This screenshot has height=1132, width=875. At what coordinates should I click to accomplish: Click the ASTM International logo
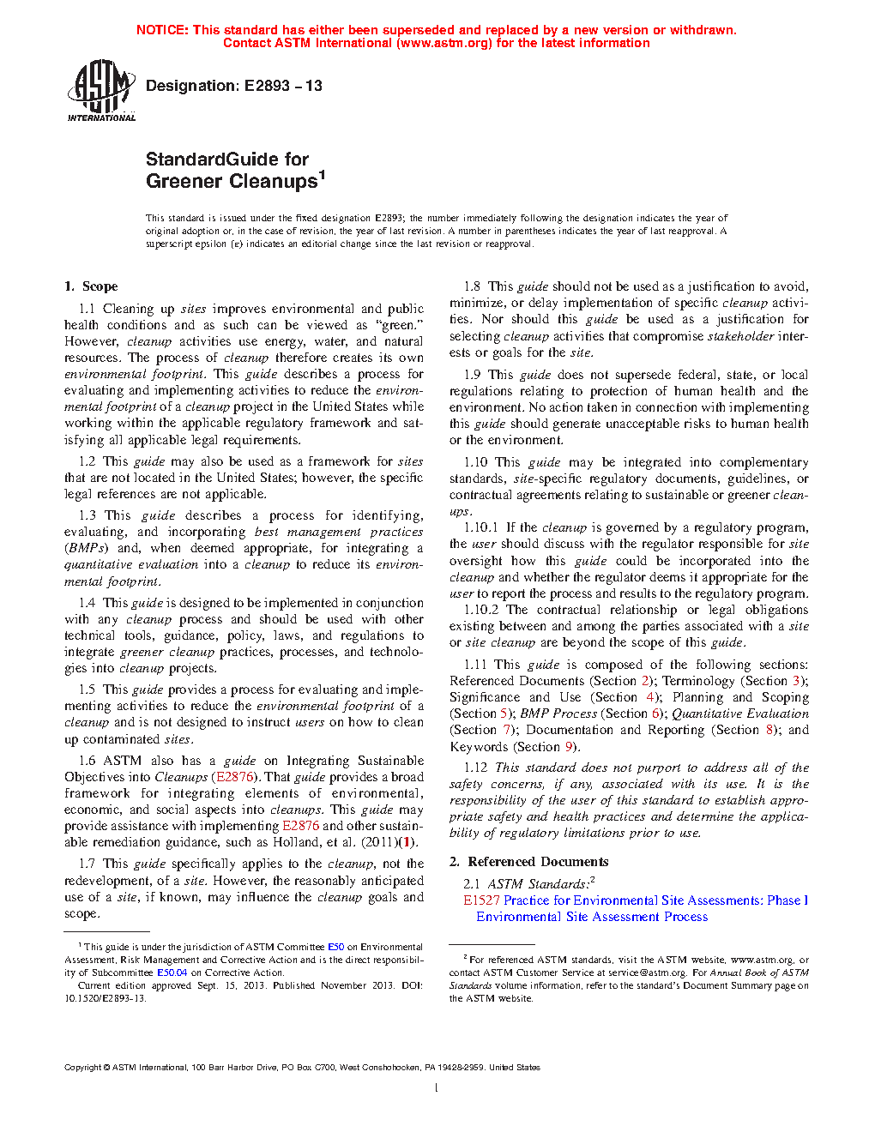(x=101, y=90)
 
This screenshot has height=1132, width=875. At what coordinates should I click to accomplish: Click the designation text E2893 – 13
(x=283, y=86)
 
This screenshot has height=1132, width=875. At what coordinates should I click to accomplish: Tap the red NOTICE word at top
(x=162, y=30)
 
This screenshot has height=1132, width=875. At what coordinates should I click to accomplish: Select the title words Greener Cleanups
(x=232, y=182)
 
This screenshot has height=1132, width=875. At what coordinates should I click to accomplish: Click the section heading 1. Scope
(x=91, y=286)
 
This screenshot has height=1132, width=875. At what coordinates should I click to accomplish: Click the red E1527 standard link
(x=481, y=900)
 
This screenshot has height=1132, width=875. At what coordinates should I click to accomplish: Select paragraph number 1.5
(x=87, y=689)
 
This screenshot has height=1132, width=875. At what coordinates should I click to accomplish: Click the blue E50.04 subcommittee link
(x=172, y=972)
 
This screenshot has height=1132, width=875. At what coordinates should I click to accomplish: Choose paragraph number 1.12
(x=475, y=768)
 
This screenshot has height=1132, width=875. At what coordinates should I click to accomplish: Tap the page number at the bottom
(x=437, y=1088)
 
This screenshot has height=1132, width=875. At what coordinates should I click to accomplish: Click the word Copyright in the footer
(x=83, y=1068)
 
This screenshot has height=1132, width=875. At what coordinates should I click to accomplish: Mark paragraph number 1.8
(x=472, y=286)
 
